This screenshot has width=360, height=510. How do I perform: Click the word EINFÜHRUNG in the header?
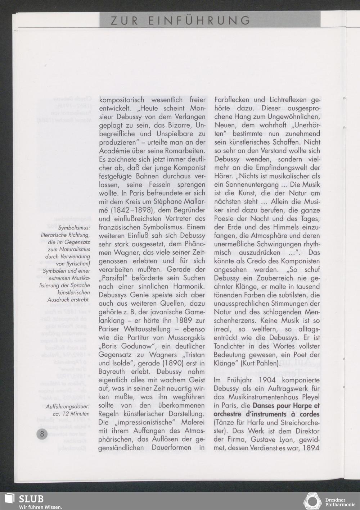[x=199, y=21]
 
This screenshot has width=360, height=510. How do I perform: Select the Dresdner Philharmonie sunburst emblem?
[x=313, y=501]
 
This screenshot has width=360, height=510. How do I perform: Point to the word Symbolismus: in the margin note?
[x=74, y=228]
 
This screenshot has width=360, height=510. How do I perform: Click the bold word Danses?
[x=265, y=406]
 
